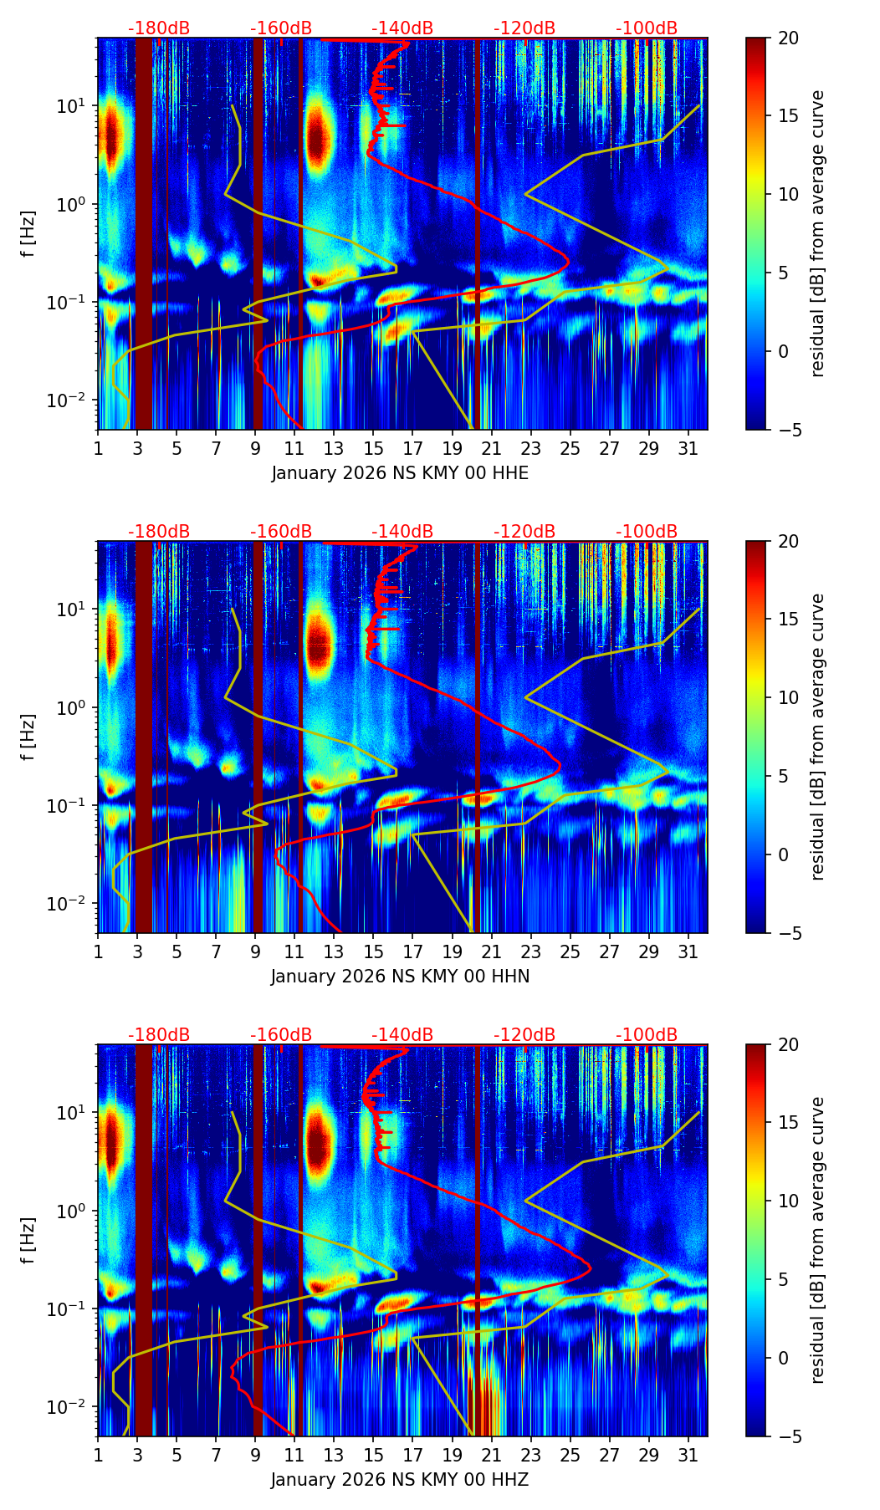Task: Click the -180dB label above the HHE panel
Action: click(159, 28)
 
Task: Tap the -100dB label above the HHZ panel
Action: click(647, 1035)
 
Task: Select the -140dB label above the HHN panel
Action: click(402, 532)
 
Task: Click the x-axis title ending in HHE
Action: click(400, 473)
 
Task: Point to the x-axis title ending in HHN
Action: click(400, 977)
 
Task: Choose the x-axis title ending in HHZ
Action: click(400, 1480)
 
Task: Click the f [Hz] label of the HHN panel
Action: click(28, 737)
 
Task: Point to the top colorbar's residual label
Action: click(818, 233)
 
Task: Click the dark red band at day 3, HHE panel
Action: click(143, 234)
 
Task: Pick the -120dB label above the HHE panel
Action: click(524, 28)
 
